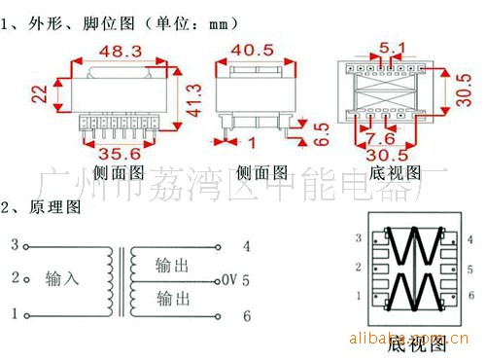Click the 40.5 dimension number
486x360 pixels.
point(253,50)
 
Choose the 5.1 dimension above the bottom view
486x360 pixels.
point(392,46)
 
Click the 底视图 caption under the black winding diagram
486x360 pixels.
point(417,344)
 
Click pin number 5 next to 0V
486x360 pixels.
point(247,280)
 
